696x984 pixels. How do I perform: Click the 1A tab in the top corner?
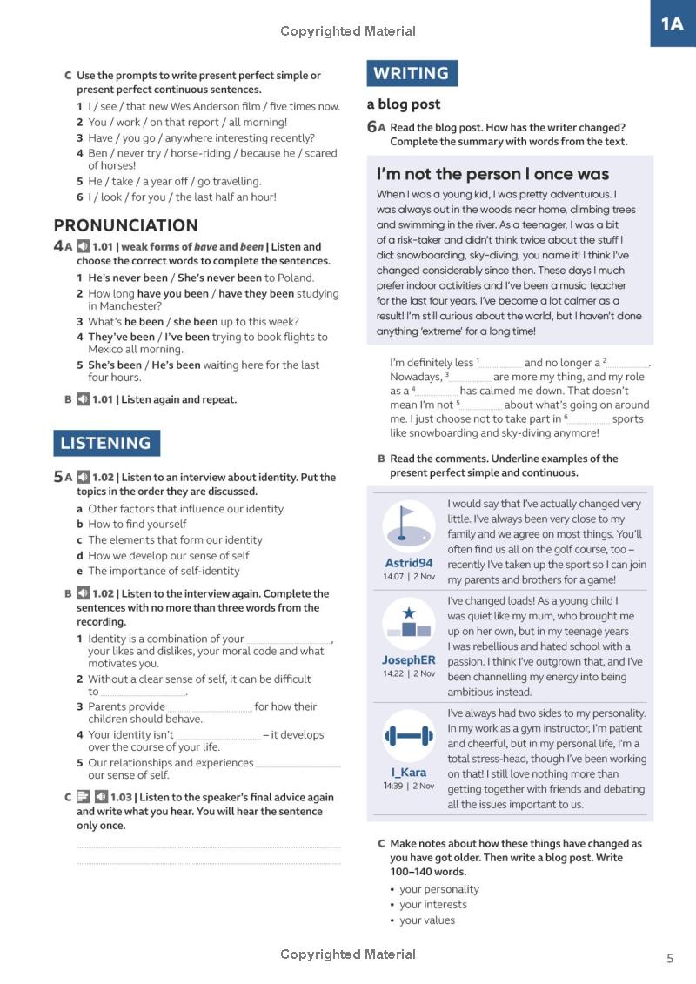coord(673,23)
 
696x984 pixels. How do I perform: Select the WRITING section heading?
coord(412,74)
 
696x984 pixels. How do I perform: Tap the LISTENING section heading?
coord(105,443)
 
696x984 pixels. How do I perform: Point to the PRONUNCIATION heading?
coord(126,225)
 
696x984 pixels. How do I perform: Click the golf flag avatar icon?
coord(408,525)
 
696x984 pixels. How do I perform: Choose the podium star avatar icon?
coord(408,624)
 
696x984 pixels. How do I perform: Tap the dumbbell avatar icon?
coord(408,736)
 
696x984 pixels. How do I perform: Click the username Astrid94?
coord(408,563)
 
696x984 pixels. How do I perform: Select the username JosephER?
coord(408,660)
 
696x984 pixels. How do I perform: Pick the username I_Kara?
coord(409,772)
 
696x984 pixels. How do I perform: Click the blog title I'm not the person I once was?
coord(492,174)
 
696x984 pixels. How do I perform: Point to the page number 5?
coord(669,958)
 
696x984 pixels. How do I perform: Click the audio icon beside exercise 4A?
coord(83,246)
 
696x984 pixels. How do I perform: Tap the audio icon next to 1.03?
coord(101,797)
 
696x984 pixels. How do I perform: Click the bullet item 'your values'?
coord(426,920)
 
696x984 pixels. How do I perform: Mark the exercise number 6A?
coord(376,127)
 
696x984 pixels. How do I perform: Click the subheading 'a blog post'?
coord(404,104)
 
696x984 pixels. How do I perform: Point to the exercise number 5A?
coord(63,477)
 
